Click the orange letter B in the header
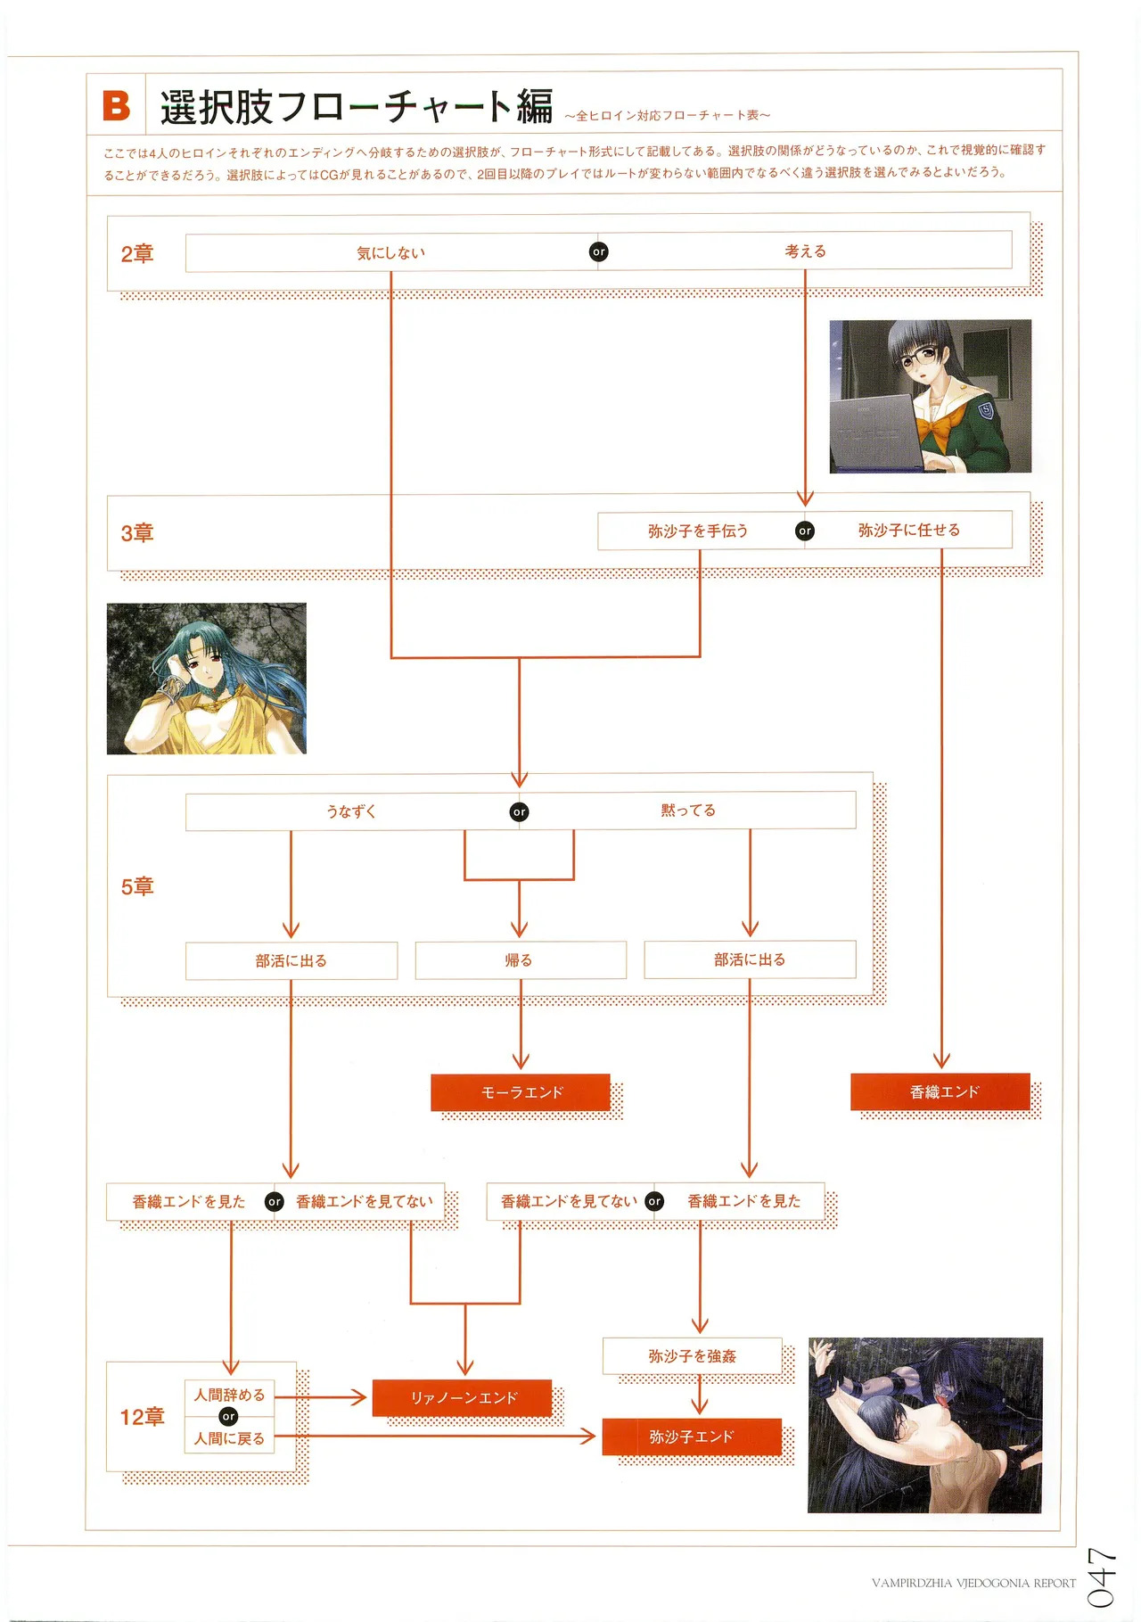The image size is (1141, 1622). click(116, 105)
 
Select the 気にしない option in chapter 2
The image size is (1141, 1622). click(390, 253)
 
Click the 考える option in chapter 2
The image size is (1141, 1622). click(805, 251)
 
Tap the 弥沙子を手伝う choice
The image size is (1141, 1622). click(698, 531)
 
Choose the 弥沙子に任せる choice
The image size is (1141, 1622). click(909, 530)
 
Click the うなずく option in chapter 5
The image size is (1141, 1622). click(351, 811)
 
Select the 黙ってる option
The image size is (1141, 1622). click(688, 811)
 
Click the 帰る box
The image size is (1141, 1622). click(520, 960)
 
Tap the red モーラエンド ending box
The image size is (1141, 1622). click(521, 1092)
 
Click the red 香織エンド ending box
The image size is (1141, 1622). click(942, 1091)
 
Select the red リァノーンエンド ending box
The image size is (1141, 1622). click(463, 1398)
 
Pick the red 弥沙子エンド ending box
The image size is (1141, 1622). click(692, 1437)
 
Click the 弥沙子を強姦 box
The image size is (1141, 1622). click(692, 1356)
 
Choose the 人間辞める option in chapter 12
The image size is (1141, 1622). click(229, 1396)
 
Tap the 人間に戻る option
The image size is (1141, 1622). click(229, 1438)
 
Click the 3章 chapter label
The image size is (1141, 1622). click(137, 533)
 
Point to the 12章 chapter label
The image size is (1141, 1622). click(143, 1417)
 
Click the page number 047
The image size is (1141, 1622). click(1102, 1577)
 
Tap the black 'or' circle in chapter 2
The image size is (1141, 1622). click(599, 252)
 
